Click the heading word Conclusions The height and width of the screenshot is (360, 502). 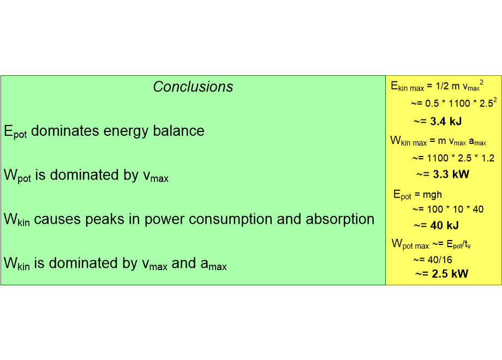193,87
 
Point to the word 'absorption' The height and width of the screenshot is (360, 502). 340,219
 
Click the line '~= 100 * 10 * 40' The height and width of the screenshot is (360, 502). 447,209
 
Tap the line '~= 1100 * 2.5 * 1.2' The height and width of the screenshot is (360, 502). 453,158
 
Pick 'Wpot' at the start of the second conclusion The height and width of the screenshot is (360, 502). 17,176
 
